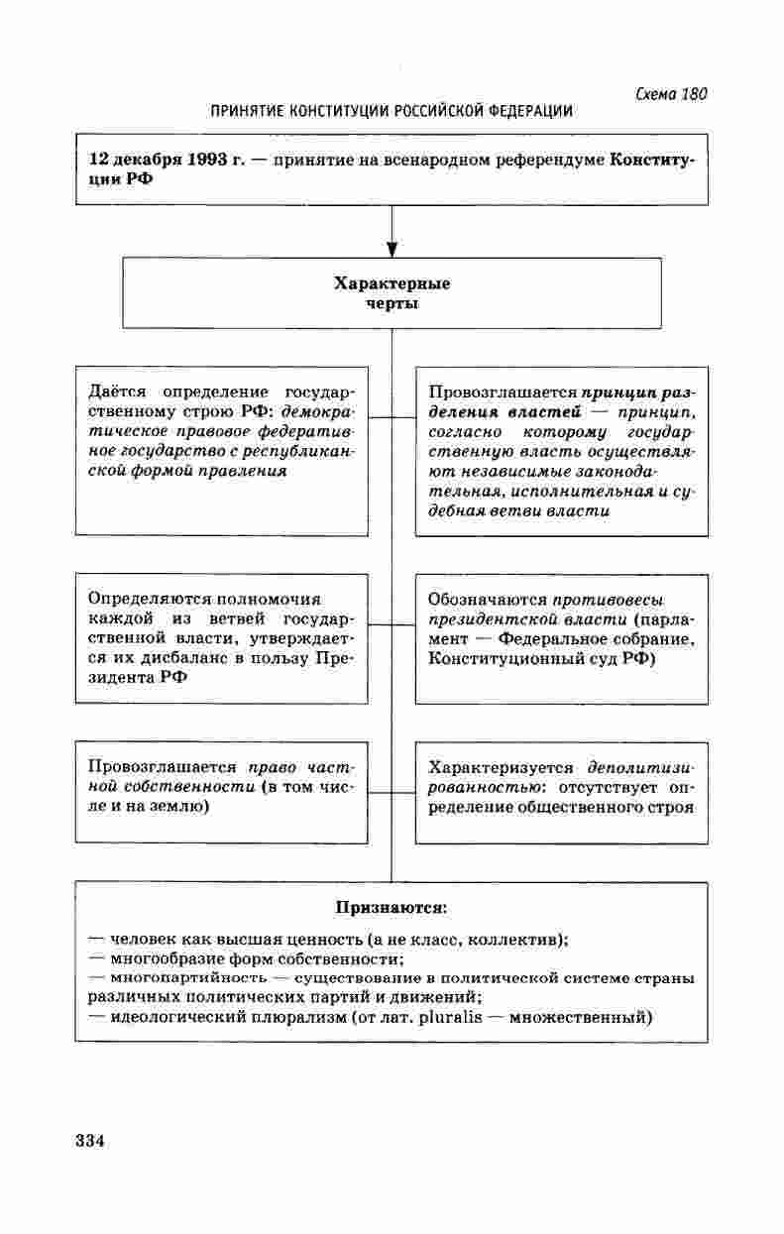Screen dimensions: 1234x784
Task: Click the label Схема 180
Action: (670, 94)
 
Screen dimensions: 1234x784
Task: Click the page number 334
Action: (90, 1140)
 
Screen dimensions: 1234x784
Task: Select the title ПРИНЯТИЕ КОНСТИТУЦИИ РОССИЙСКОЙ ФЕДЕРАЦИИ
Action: (392, 112)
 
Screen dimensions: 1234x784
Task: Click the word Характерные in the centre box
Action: (392, 284)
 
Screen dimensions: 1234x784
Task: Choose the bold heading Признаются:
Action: (392, 907)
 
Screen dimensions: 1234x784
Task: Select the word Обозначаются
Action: (488, 600)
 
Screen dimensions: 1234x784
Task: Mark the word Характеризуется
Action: (501, 767)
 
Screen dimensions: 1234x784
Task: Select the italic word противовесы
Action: (609, 600)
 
